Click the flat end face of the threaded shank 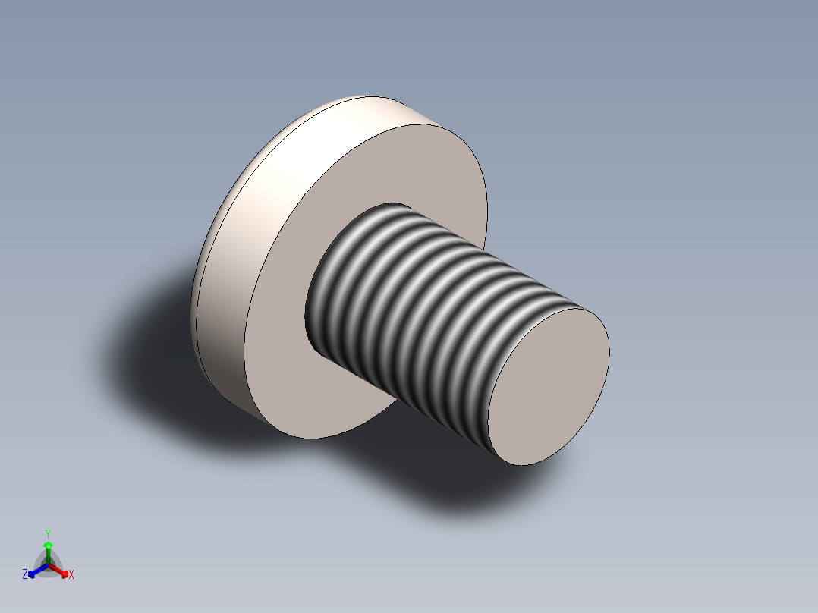click(548, 386)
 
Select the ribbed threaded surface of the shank click(425, 303)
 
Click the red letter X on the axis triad click(71, 575)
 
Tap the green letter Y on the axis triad click(47, 533)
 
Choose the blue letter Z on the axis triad click(25, 574)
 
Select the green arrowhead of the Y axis click(47, 545)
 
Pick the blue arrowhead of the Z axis click(32, 574)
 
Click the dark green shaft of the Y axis click(47, 556)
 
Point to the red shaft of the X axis click(56, 569)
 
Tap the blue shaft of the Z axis click(39, 570)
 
